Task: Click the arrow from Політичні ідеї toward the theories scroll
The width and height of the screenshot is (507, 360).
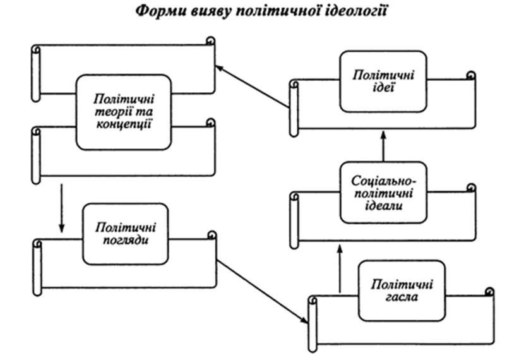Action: click(x=252, y=87)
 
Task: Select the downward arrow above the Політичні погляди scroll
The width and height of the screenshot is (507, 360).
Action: click(x=61, y=208)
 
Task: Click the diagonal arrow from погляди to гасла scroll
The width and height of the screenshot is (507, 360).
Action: click(x=262, y=291)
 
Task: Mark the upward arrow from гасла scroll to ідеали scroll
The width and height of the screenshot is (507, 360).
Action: click(x=340, y=268)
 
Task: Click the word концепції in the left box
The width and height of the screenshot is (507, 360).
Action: click(x=124, y=124)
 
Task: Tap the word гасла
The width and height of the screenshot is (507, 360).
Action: click(x=402, y=297)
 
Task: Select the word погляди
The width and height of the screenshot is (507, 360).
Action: click(x=126, y=241)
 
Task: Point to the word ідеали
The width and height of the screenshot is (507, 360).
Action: click(x=384, y=206)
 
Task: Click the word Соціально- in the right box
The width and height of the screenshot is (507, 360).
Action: click(x=383, y=181)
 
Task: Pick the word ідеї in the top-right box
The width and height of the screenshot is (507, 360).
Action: click(x=383, y=88)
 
